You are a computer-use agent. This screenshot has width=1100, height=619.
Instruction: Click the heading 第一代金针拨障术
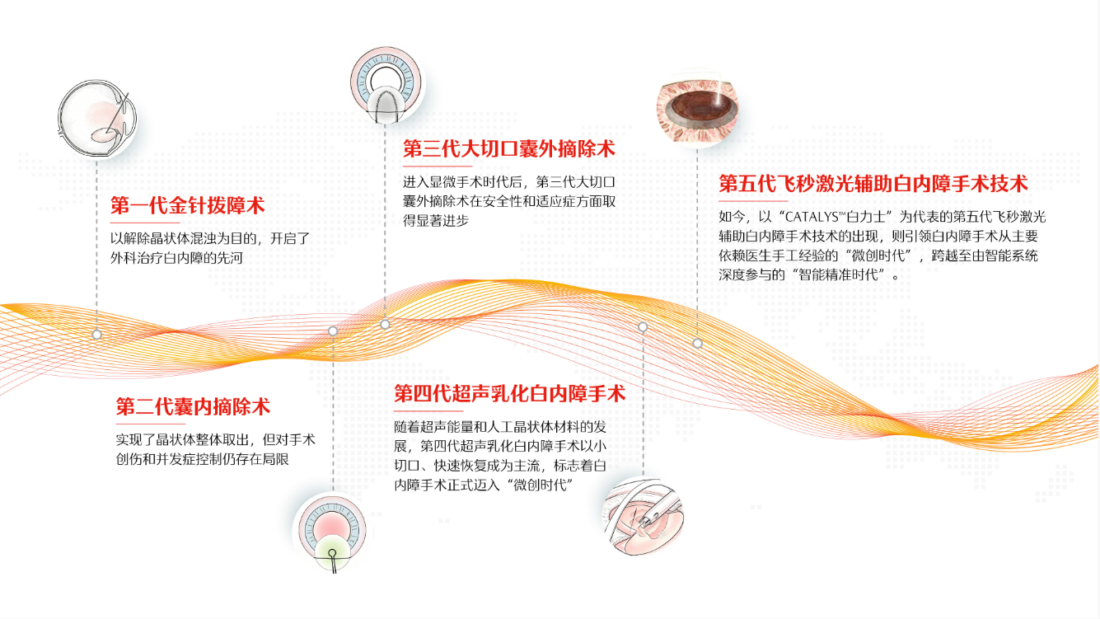(x=188, y=205)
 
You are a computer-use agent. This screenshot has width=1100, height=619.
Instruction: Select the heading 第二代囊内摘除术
(x=193, y=407)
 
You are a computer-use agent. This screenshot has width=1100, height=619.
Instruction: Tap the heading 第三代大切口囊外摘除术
(x=508, y=149)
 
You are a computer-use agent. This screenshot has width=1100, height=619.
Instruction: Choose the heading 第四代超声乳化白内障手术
(x=510, y=393)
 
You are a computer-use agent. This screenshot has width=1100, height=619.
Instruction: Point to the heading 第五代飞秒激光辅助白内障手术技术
(x=873, y=184)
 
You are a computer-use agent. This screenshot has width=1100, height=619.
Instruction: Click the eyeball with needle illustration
(x=97, y=119)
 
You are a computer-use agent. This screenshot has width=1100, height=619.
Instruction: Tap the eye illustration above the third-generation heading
(x=386, y=85)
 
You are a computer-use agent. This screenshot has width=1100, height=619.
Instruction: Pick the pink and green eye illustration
(x=332, y=532)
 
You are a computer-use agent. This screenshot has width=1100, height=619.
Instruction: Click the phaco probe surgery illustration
(x=643, y=517)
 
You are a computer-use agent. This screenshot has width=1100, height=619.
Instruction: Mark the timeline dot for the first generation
(x=96, y=335)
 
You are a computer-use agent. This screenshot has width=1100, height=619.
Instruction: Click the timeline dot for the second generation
(x=333, y=331)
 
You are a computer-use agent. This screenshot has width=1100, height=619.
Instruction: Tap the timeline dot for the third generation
(x=385, y=324)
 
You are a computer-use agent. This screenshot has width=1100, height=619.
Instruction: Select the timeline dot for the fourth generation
(x=643, y=326)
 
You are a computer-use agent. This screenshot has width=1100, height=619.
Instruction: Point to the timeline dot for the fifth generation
(x=697, y=344)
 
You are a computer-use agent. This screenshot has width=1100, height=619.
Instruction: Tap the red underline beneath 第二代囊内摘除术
(x=150, y=424)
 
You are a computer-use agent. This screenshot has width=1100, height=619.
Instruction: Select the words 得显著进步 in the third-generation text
(x=436, y=221)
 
